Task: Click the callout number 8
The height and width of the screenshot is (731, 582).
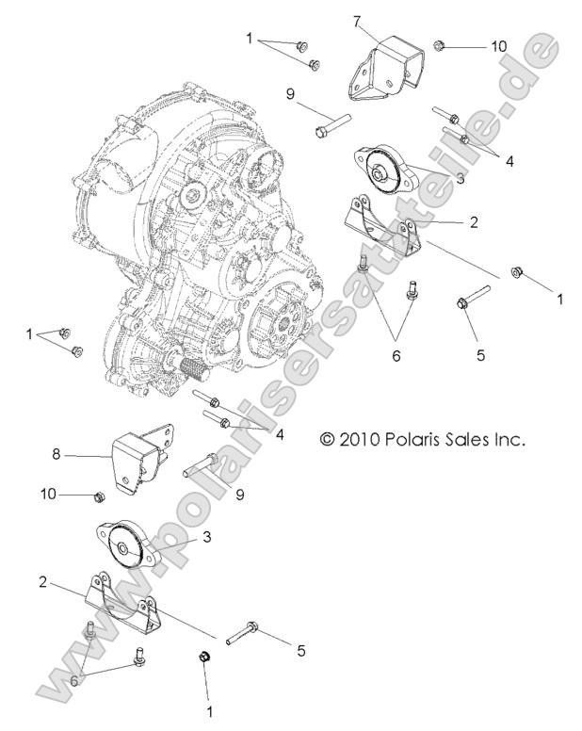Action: pyautogui.click(x=56, y=453)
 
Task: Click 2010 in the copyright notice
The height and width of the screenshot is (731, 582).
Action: pyautogui.click(x=361, y=439)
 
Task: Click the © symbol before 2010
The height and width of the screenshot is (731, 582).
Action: pyautogui.click(x=328, y=440)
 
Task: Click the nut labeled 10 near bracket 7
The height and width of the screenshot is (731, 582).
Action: pyautogui.click(x=439, y=44)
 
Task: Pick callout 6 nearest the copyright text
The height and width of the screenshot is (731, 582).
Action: pyautogui.click(x=396, y=355)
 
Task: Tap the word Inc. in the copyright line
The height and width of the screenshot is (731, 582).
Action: pyautogui.click(x=509, y=439)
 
